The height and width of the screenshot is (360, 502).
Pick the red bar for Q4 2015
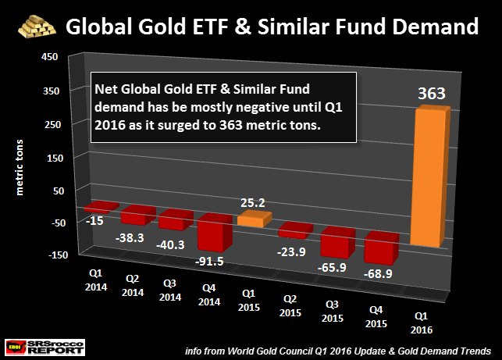click(x=381, y=249)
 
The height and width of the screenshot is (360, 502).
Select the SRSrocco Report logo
click(x=37, y=344)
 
